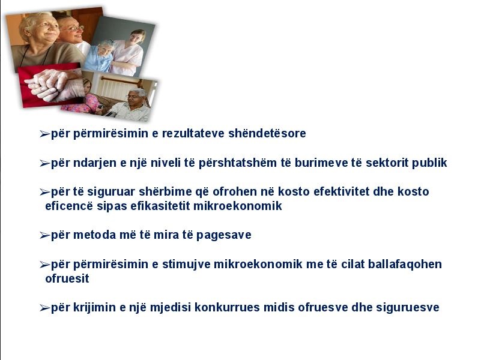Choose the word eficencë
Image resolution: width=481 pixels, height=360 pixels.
pyautogui.click(x=68, y=206)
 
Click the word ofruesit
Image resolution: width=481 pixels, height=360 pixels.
pyautogui.click(x=67, y=278)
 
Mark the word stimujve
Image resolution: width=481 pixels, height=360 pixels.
pyautogui.click(x=186, y=264)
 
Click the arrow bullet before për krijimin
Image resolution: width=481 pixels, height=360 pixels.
pyautogui.click(x=45, y=308)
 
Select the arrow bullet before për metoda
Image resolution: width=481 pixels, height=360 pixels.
pyautogui.click(x=45, y=235)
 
